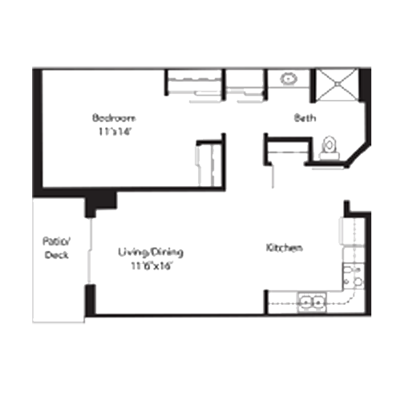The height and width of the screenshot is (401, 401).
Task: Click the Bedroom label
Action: [114, 118]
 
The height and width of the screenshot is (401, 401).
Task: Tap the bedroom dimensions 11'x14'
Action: [115, 132]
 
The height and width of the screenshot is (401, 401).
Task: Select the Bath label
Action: [305, 118]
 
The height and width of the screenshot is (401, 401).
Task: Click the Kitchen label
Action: [285, 248]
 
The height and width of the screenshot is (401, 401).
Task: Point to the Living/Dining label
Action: [151, 253]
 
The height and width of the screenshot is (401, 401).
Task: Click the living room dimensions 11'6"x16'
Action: [151, 266]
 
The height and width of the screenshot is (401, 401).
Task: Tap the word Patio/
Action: [56, 241]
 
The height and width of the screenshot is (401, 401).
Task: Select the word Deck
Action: [56, 255]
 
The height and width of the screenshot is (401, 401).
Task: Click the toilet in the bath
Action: [330, 148]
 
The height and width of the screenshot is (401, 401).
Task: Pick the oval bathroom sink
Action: [289, 79]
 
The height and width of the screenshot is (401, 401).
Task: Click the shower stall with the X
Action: [338, 85]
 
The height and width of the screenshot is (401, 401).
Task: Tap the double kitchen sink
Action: [312, 302]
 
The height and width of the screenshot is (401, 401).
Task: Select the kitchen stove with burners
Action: [353, 276]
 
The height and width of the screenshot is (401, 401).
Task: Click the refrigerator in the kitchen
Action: [351, 231]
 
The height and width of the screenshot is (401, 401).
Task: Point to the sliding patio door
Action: [90, 251]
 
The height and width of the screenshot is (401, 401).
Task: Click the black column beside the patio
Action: [100, 203]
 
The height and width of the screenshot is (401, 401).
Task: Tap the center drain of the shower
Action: [338, 84]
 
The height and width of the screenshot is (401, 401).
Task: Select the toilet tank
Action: [330, 156]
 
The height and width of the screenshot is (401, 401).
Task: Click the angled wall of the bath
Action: [358, 155]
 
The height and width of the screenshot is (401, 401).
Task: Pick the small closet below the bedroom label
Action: [209, 164]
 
